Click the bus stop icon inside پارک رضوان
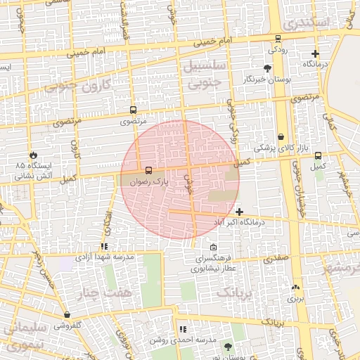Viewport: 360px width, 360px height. pos(148,171)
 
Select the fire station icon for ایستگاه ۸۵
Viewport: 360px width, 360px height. pos(32,155)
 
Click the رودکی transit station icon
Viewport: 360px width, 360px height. pos(278,39)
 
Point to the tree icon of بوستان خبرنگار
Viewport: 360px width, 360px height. pos(266,68)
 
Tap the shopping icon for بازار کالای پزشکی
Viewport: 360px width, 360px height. pos(281,136)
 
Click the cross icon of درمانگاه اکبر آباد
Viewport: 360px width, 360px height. pos(240,212)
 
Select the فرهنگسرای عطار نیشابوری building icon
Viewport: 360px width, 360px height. pos(214,247)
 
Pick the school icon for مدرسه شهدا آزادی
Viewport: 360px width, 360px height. pos(104,247)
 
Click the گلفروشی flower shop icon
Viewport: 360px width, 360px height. pos(67,315)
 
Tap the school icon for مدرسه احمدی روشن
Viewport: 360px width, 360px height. pos(183,328)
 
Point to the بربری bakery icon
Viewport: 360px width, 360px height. pos(295,287)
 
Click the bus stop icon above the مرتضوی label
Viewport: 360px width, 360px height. pos(133,110)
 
